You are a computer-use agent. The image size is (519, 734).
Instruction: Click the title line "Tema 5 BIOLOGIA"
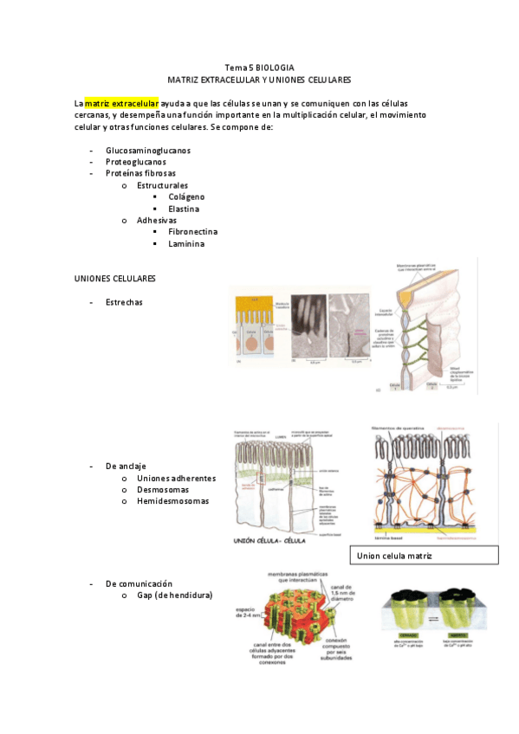pos(259,68)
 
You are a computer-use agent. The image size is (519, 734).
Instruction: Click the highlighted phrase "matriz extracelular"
pos(121,103)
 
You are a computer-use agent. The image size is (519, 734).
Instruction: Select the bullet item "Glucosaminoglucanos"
pos(148,150)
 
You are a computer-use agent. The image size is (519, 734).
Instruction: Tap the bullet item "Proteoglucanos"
pos(136,161)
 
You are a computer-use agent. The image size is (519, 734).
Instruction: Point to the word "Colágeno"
pos(186,196)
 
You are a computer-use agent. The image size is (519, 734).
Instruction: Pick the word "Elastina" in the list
pos(184,209)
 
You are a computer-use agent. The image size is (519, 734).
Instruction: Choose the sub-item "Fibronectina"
pos(192,231)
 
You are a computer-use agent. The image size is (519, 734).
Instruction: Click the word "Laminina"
pos(186,243)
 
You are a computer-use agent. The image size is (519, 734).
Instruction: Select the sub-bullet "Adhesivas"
pos(157,220)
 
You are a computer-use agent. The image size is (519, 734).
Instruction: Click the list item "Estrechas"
pos(125,302)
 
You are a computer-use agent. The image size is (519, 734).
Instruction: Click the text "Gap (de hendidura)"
pos(174,595)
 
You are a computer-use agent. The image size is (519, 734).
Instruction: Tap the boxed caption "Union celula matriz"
pos(394,554)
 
